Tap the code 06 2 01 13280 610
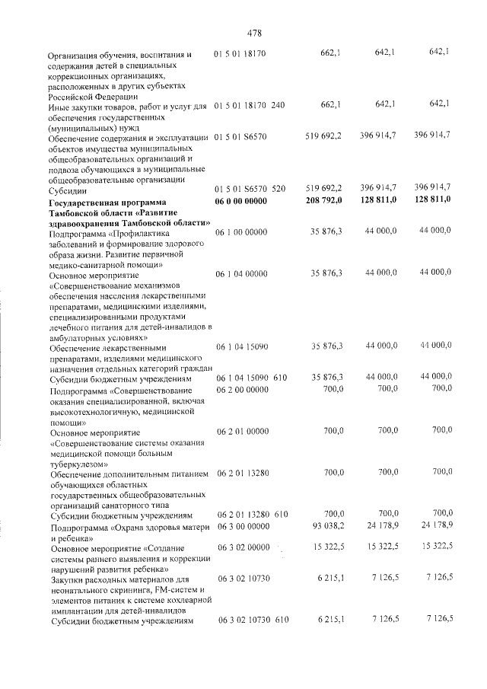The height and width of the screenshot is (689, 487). tap(251, 515)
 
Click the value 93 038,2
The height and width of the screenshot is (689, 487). tap(329, 526)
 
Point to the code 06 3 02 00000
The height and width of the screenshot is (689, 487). tap(243, 547)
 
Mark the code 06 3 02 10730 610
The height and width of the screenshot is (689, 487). tap(251, 620)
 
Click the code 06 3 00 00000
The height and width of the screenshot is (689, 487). tap(243, 526)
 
